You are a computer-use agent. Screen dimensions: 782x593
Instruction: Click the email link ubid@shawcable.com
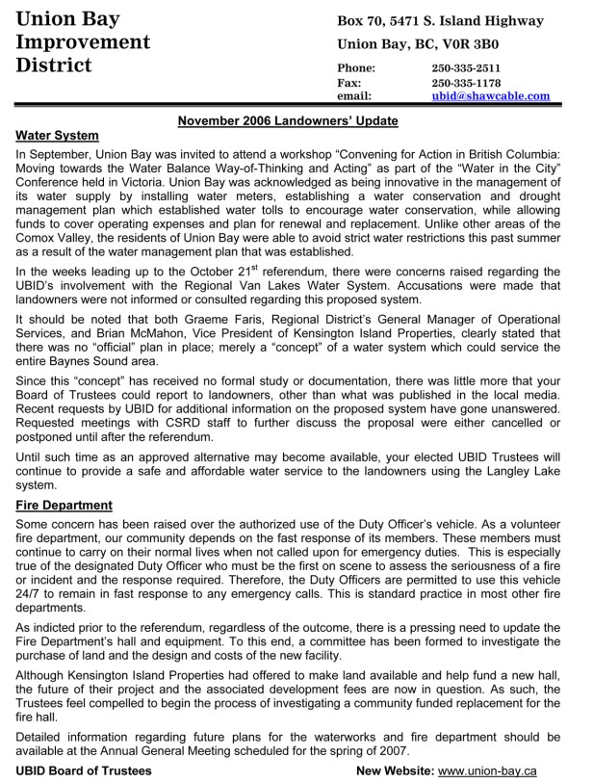click(x=491, y=96)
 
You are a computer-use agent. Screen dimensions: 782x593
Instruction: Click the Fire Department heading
click(x=64, y=505)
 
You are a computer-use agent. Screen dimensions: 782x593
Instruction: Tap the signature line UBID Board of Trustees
click(x=85, y=770)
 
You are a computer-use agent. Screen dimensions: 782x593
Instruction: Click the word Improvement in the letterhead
click(x=84, y=43)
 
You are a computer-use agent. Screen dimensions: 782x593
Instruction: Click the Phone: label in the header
click(x=356, y=68)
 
